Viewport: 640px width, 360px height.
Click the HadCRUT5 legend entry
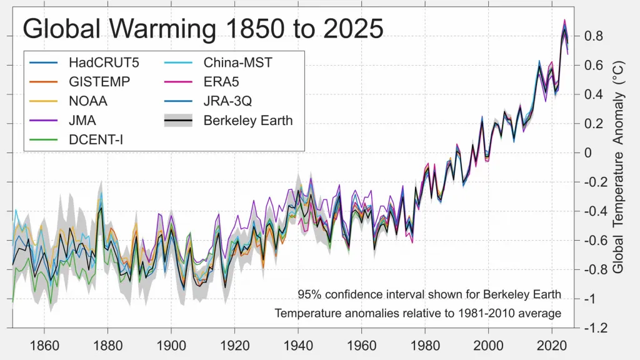point(96,62)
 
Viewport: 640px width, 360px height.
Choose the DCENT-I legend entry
point(96,140)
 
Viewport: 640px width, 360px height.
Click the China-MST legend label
point(238,62)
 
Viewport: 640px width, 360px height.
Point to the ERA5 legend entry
point(221,82)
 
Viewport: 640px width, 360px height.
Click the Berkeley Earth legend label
point(248,121)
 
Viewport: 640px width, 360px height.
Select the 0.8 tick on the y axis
point(593,36)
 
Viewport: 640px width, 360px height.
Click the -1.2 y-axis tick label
point(595,328)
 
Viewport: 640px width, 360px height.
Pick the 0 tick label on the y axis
point(588,153)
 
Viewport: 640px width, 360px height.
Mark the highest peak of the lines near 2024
point(565,20)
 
